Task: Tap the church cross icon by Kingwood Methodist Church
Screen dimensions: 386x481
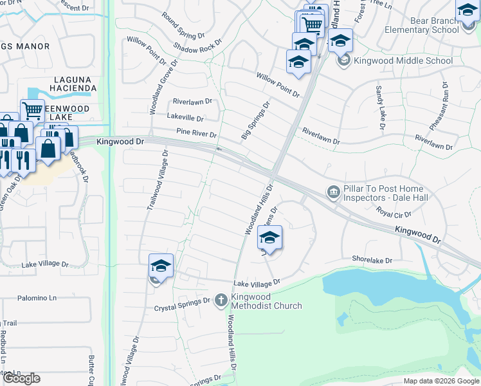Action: click(x=221, y=300)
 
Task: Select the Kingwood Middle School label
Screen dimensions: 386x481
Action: click(x=403, y=61)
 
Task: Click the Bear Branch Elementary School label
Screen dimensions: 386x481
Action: click(x=422, y=25)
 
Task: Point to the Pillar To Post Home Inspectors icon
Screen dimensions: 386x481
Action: click(x=333, y=192)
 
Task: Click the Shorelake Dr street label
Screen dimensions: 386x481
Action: click(x=372, y=259)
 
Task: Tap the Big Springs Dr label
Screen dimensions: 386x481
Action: click(x=256, y=120)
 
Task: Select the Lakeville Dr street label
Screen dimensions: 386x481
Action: click(x=185, y=118)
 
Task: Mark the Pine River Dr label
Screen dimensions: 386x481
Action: click(x=196, y=134)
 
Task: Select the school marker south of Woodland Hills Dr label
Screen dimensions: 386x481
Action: click(x=270, y=237)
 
